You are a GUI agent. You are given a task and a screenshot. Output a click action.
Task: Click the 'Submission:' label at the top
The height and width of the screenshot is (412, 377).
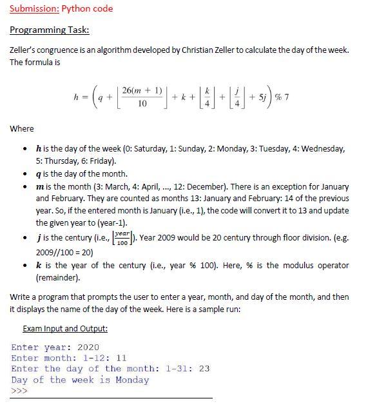pyautogui.click(x=33, y=9)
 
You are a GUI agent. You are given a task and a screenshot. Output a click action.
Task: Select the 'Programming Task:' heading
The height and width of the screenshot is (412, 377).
pyautogui.click(x=50, y=30)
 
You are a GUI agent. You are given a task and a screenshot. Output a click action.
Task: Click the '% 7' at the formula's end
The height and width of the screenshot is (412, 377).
pyautogui.click(x=281, y=97)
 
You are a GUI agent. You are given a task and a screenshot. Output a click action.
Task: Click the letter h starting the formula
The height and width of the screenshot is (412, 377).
pyautogui.click(x=77, y=97)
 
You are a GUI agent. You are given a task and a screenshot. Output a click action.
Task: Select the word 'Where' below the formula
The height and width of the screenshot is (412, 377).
pyautogui.click(x=22, y=129)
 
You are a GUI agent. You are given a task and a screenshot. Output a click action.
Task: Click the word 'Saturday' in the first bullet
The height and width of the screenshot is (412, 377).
pyautogui.click(x=147, y=149)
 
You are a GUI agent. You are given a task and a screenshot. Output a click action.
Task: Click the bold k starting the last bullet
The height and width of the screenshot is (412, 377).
pyautogui.click(x=39, y=265)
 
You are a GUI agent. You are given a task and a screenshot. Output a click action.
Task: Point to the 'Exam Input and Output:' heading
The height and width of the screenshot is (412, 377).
pyautogui.click(x=65, y=329)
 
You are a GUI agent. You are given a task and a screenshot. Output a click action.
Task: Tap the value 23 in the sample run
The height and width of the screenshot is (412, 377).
pyautogui.click(x=204, y=369)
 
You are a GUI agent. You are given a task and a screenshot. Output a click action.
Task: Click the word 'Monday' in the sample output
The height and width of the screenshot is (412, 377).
pyautogui.click(x=132, y=380)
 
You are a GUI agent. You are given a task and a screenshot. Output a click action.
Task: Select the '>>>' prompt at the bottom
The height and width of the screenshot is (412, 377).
pyautogui.click(x=19, y=391)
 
